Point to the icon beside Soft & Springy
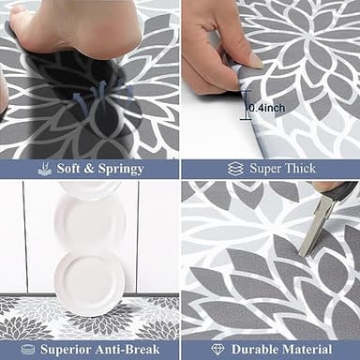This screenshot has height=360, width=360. (x=43, y=169)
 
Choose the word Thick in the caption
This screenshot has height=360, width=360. (x=299, y=169)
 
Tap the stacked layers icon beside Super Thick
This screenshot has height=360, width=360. (x=236, y=169)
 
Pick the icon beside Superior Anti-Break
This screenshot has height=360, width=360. (x=24, y=349)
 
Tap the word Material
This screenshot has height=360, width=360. (x=308, y=349)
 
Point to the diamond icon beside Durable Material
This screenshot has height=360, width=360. (x=217, y=349)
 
